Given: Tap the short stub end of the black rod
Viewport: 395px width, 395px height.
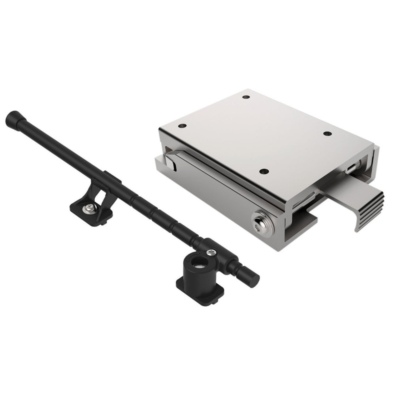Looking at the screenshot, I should (x=251, y=276).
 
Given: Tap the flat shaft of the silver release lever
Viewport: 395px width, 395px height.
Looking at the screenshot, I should (x=340, y=190).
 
